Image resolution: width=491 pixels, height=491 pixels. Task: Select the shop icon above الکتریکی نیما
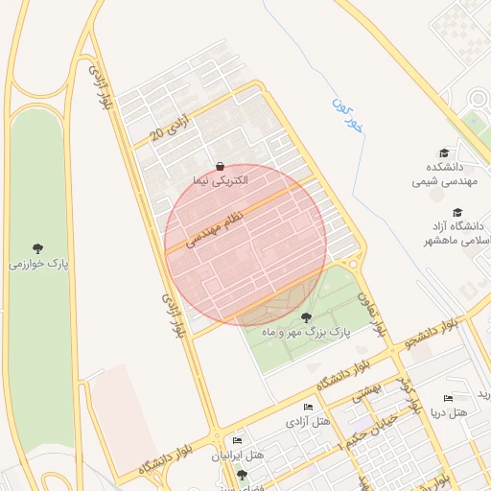pyautogui.click(x=221, y=165)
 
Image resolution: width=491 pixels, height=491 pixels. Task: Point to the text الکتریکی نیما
pyautogui.click(x=221, y=179)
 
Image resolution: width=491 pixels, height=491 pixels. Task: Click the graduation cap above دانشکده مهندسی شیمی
pyautogui.click(x=443, y=152)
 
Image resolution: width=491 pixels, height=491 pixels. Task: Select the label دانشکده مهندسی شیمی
pyautogui.click(x=443, y=173)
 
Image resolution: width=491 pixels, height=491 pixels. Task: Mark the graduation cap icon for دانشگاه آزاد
pyautogui.click(x=457, y=212)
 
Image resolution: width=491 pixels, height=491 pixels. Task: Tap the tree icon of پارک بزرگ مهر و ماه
pyautogui.click(x=306, y=317)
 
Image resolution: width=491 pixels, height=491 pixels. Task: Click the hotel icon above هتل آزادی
pyautogui.click(x=308, y=409)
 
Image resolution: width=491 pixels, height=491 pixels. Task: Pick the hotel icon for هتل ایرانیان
pyautogui.click(x=237, y=440)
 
